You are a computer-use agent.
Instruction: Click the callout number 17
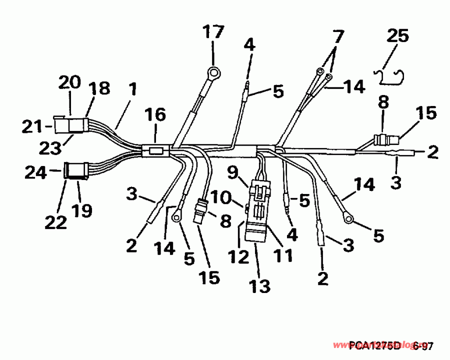click(213, 34)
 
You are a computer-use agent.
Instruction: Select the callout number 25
click(397, 36)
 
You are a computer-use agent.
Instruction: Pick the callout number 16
click(155, 115)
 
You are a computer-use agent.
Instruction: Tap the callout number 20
click(70, 82)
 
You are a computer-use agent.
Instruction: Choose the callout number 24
click(35, 173)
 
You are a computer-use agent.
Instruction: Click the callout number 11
click(283, 255)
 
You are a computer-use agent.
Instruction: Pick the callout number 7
click(338, 36)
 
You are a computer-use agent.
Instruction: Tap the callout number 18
click(99, 88)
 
